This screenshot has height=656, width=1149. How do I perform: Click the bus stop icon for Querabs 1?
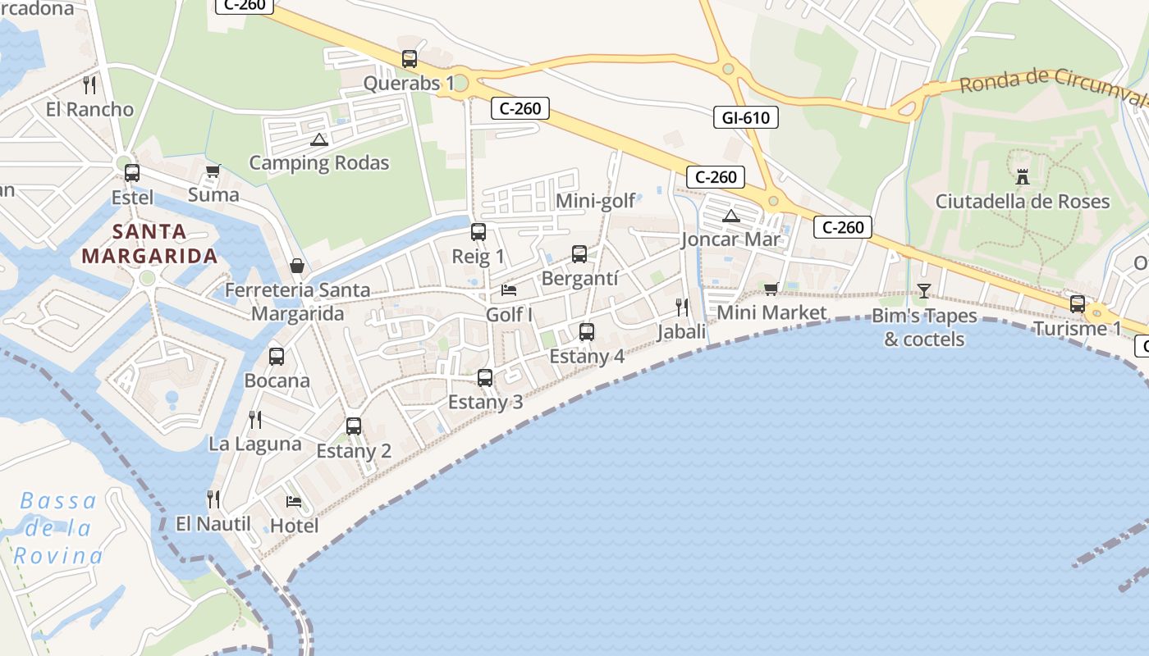click(x=410, y=59)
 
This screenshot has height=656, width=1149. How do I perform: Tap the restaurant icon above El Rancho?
click(x=90, y=84)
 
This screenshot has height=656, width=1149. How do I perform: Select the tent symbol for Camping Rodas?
click(x=319, y=139)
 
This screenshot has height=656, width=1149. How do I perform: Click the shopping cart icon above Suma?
click(x=213, y=171)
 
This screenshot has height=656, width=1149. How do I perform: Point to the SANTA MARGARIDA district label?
click(x=150, y=244)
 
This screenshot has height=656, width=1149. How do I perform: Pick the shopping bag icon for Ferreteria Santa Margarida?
click(x=297, y=266)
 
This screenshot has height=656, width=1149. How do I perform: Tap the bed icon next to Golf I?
click(x=509, y=290)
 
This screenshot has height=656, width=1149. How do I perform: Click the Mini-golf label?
click(x=596, y=201)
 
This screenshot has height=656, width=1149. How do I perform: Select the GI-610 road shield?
click(x=745, y=118)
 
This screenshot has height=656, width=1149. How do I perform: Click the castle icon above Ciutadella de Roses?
click(x=1023, y=175)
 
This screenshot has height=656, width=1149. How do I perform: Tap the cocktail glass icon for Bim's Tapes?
click(x=924, y=291)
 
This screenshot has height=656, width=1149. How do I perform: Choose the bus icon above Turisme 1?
click(x=1078, y=304)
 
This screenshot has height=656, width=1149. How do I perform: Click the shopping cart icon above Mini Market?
click(x=771, y=289)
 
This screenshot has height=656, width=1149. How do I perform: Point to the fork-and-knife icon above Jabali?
click(x=682, y=307)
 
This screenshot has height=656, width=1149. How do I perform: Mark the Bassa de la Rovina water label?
click(x=58, y=528)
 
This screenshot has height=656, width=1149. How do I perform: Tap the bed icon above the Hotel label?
click(x=294, y=501)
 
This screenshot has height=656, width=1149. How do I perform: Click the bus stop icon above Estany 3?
click(x=485, y=378)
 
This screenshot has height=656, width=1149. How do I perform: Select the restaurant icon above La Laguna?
click(x=255, y=420)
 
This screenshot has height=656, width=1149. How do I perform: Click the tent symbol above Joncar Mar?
click(x=730, y=216)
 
